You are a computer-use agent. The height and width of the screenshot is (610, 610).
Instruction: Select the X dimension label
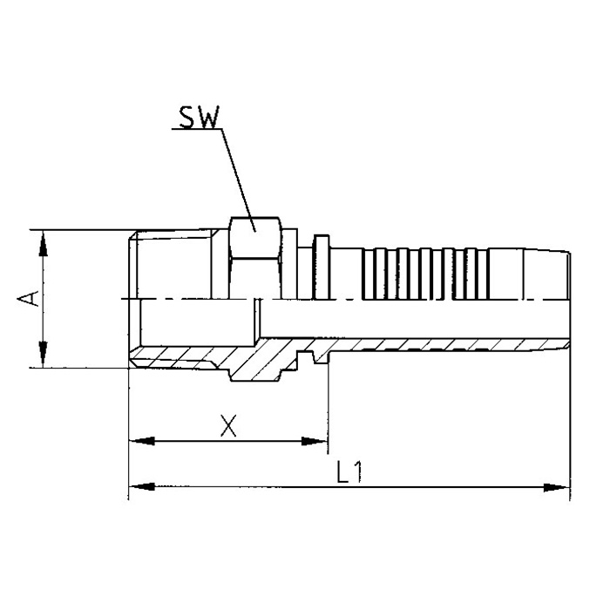228,425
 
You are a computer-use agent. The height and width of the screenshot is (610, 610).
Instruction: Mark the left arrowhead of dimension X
139,441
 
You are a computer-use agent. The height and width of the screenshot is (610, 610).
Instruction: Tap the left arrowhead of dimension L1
139,486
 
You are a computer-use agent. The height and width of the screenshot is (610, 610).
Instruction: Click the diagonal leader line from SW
237,174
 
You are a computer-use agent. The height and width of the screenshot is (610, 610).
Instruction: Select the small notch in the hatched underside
307,357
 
